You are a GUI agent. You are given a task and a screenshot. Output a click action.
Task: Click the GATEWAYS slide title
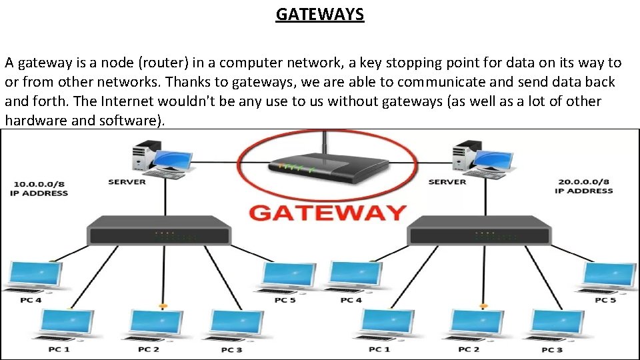click(320, 14)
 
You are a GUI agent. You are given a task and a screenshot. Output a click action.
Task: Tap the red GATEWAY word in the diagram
click(327, 213)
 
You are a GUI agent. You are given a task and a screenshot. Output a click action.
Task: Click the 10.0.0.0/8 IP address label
click(39, 188)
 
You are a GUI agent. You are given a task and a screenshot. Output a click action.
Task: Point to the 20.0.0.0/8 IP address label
click(583, 186)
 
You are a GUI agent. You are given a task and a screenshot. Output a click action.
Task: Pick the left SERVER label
click(127, 182)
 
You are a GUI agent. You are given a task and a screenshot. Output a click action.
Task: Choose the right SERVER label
click(447, 182)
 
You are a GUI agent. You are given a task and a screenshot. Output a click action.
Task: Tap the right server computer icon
click(480, 159)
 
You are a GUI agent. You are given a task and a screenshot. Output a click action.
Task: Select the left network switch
click(159, 231)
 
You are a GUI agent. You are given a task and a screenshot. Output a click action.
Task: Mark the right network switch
click(479, 231)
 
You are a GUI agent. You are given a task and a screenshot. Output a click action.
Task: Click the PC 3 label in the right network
click(552, 350)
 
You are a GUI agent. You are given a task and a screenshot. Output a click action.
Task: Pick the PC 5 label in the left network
click(285, 301)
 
